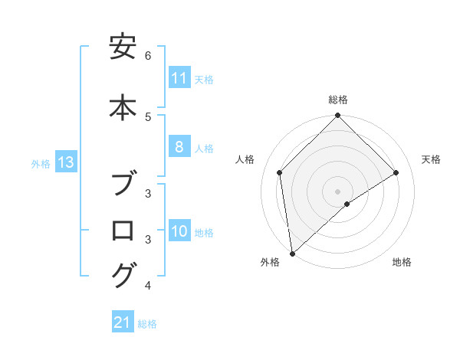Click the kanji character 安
click(123, 48)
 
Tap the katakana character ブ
click(123, 185)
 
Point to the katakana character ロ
click(123, 230)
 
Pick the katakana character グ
click(123, 275)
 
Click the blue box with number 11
click(179, 78)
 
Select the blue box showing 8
click(179, 147)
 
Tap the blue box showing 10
click(179, 232)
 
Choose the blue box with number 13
click(66, 162)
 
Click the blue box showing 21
click(123, 323)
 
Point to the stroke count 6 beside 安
click(148, 56)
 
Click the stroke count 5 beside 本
click(148, 116)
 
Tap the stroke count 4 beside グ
click(148, 286)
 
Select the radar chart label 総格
click(338, 100)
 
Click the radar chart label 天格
click(432, 159)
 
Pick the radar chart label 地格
click(402, 262)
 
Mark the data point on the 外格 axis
click(292, 253)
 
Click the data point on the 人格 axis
click(280, 172)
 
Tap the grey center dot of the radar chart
click(338, 191)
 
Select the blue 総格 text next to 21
click(147, 324)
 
